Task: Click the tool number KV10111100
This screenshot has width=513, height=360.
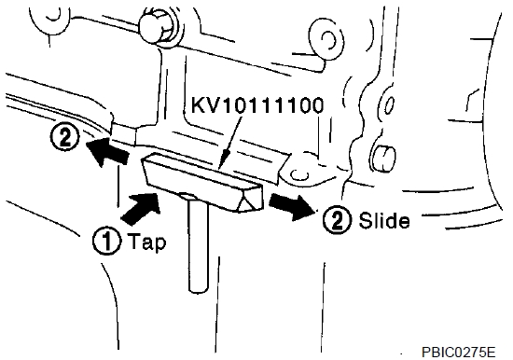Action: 257,105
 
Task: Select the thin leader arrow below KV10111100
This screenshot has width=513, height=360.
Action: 231,143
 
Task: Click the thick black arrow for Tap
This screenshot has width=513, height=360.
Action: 142,209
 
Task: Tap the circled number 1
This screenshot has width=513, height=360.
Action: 106,242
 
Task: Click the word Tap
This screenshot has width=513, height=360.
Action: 146,242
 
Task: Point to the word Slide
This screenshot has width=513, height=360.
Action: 384,220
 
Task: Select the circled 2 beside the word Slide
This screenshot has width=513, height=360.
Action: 337,220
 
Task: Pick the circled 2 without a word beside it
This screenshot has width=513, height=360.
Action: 65,137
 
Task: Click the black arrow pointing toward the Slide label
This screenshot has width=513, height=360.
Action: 291,206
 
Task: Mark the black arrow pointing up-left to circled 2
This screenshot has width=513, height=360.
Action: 106,151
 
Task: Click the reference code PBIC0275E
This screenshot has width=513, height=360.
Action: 458,353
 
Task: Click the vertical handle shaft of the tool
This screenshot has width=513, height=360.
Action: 199,245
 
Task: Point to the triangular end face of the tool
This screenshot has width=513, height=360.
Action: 251,199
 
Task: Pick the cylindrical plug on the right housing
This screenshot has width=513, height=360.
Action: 384,158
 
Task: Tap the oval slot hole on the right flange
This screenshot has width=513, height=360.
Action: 389,105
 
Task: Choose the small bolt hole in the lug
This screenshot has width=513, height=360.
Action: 299,174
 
